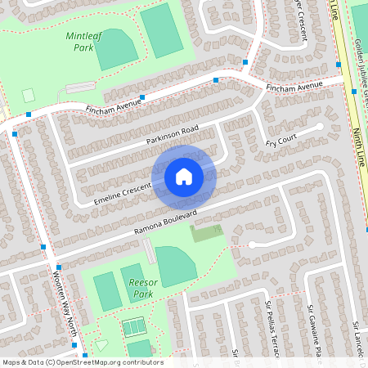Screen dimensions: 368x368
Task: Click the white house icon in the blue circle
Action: [x=184, y=176]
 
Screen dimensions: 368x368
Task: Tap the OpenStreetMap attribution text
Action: [x=83, y=361]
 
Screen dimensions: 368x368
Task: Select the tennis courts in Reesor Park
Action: [x=133, y=328]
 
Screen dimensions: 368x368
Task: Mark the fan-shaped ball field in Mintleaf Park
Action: [x=115, y=49]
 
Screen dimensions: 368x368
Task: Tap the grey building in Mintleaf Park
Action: [x=79, y=87]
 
